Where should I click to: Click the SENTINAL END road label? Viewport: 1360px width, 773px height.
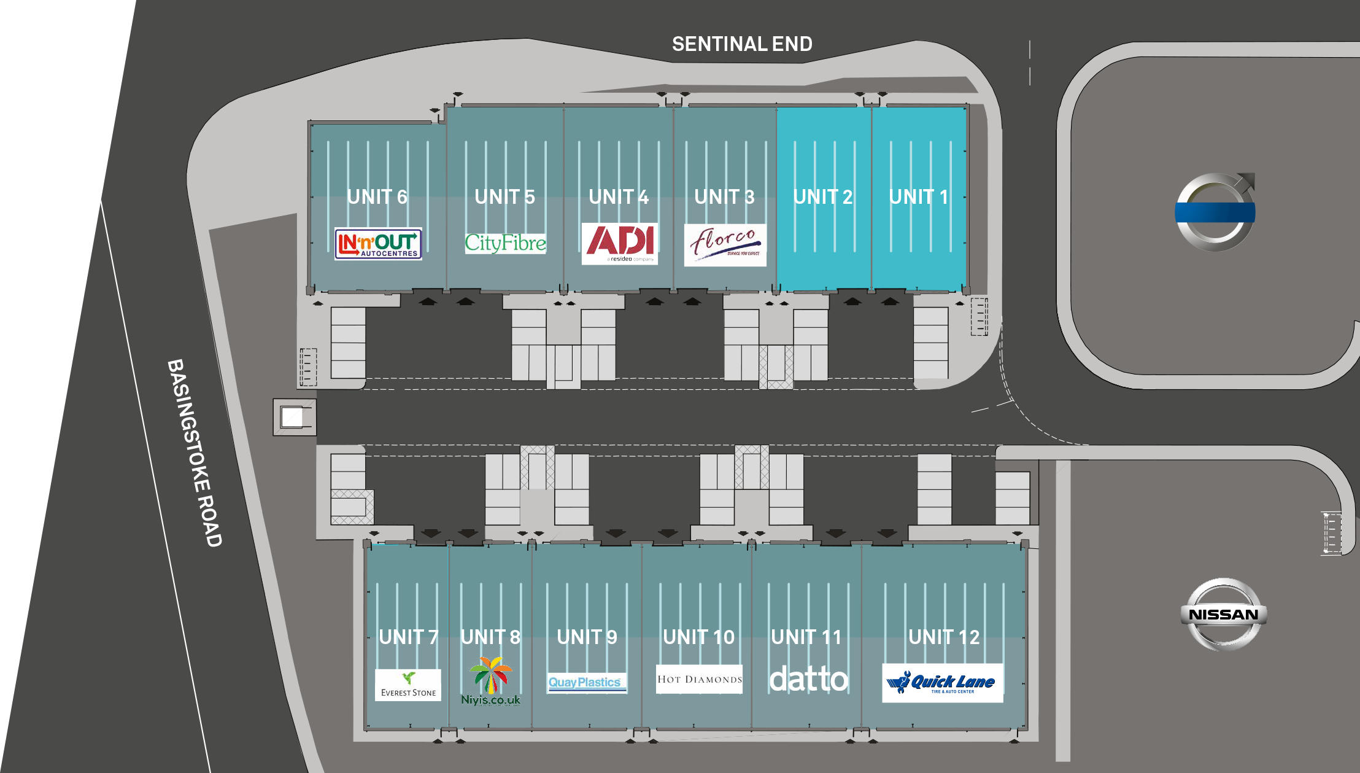click(x=742, y=44)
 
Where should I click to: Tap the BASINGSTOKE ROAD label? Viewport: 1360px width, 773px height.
click(x=195, y=453)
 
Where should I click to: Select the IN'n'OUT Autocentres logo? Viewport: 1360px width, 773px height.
click(x=378, y=244)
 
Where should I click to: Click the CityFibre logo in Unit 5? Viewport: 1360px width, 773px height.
click(x=505, y=243)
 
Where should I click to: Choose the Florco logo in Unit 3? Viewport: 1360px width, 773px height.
click(x=725, y=244)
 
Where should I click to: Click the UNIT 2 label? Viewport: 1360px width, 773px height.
click(x=823, y=197)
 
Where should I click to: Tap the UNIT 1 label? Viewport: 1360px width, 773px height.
click(x=919, y=197)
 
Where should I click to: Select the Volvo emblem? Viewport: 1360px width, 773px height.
click(x=1215, y=212)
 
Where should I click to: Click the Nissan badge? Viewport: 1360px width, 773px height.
click(x=1224, y=614)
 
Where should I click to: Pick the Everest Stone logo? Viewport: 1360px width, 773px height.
click(x=408, y=685)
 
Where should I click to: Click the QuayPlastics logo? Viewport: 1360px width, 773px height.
click(x=587, y=683)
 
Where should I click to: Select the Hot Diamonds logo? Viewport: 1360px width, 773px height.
click(x=699, y=679)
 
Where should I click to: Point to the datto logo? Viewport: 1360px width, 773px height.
click(x=809, y=679)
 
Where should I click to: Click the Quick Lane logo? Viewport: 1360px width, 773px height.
click(x=943, y=683)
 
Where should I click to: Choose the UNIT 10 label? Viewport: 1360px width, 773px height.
click(x=699, y=637)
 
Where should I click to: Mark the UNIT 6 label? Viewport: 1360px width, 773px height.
click(x=377, y=197)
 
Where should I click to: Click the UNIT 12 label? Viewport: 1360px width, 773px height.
click(x=944, y=637)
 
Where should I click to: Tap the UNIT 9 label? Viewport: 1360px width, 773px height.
click(x=587, y=637)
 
